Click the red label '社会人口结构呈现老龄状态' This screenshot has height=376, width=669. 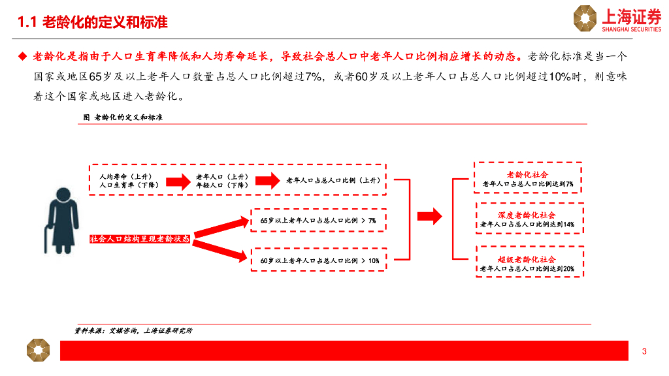click(140, 240)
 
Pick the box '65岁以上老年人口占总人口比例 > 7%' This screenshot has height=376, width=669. click(318, 221)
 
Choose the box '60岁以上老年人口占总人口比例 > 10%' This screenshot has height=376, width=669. click(319, 260)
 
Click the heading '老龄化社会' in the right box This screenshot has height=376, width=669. click(527, 175)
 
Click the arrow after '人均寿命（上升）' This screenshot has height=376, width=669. click(176, 181)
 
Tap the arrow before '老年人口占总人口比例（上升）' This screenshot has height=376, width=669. click(267, 181)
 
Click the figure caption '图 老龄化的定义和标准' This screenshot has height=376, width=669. click(123, 117)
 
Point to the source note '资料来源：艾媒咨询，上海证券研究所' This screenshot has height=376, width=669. click(133, 331)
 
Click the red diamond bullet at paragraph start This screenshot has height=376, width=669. click(23, 56)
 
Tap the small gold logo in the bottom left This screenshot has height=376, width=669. click(38, 350)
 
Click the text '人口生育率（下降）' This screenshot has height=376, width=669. click(126, 185)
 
